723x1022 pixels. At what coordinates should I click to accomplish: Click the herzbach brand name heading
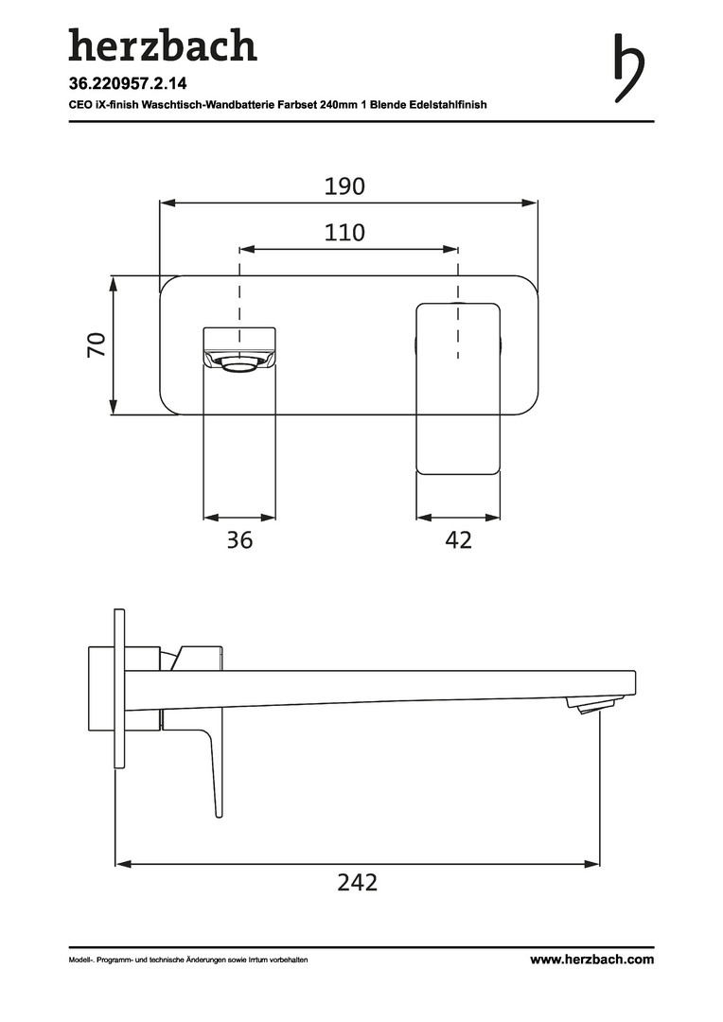click(163, 45)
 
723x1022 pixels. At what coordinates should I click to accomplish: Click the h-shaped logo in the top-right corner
click(628, 68)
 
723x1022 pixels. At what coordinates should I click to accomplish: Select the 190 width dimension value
click(344, 186)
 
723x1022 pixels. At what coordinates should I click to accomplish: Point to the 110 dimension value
click(344, 233)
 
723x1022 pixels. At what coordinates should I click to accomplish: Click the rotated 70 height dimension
click(97, 344)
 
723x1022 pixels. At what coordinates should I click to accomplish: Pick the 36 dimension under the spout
click(239, 539)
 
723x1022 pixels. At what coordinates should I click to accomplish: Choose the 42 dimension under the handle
click(458, 539)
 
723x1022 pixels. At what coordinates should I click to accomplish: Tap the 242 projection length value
click(358, 883)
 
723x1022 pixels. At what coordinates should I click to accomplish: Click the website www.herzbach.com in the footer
click(592, 960)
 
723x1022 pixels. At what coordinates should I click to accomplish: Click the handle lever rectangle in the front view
click(458, 388)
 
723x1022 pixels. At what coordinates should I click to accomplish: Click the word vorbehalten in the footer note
click(289, 960)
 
